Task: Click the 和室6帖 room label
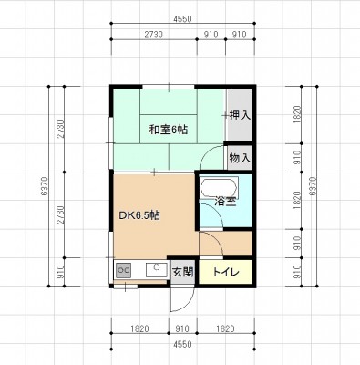(168, 130)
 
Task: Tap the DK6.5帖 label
(139, 215)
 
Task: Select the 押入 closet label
(240, 115)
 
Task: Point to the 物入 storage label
(240, 158)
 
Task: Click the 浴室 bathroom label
(225, 201)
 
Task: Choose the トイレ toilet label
(226, 272)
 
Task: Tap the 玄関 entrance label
(182, 272)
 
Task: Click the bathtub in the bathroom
(219, 189)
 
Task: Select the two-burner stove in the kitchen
(123, 270)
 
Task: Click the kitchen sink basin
(157, 270)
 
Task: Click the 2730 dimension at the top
(153, 35)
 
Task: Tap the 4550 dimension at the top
(182, 19)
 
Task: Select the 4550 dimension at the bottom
(182, 344)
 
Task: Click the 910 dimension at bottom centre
(182, 328)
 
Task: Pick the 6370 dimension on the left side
(45, 186)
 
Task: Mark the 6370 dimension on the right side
(313, 186)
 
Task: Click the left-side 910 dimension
(60, 272)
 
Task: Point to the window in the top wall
(169, 87)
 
